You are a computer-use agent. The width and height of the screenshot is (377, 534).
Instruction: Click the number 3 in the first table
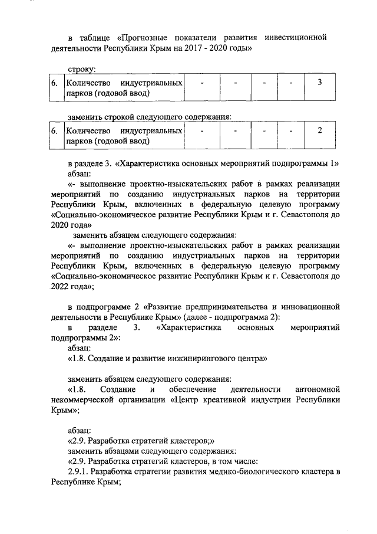click(x=319, y=82)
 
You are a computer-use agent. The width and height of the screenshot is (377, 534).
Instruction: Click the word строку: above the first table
click(x=82, y=69)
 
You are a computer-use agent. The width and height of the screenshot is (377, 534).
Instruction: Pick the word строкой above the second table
click(x=120, y=117)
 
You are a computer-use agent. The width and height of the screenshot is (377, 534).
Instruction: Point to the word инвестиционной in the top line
click(x=295, y=37)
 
